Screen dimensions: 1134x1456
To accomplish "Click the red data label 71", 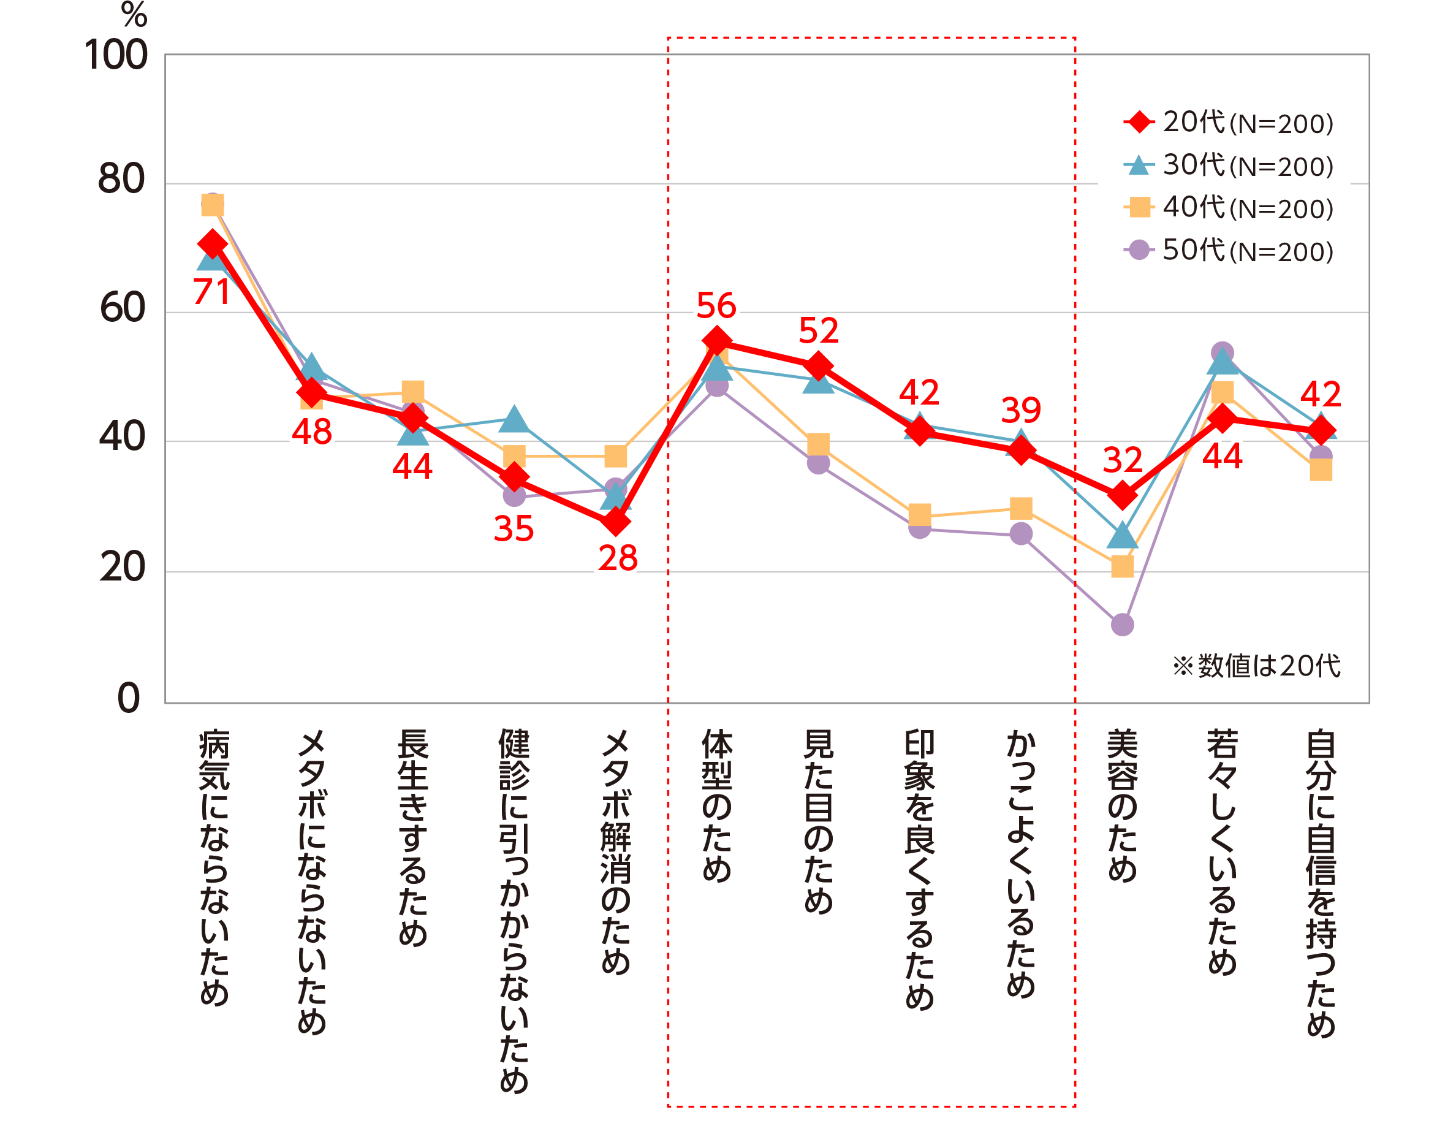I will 211,291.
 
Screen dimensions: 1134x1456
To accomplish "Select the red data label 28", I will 617,558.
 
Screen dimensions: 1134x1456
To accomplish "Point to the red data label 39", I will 1021,410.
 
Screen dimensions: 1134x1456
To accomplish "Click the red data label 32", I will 1123,460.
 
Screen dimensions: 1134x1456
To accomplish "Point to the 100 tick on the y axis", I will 116,55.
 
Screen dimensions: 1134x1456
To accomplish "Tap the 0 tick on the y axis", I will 129,699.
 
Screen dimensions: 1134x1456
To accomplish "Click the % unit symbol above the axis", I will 134,15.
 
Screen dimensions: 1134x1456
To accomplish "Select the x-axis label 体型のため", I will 717,806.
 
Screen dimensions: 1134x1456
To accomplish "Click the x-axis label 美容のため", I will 1123,806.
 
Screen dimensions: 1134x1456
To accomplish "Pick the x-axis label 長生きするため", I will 412,838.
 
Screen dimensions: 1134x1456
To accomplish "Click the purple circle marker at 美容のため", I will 1123,625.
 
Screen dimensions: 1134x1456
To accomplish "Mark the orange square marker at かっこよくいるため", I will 1022,509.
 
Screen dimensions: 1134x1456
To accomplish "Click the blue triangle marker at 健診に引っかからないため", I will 514,419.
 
